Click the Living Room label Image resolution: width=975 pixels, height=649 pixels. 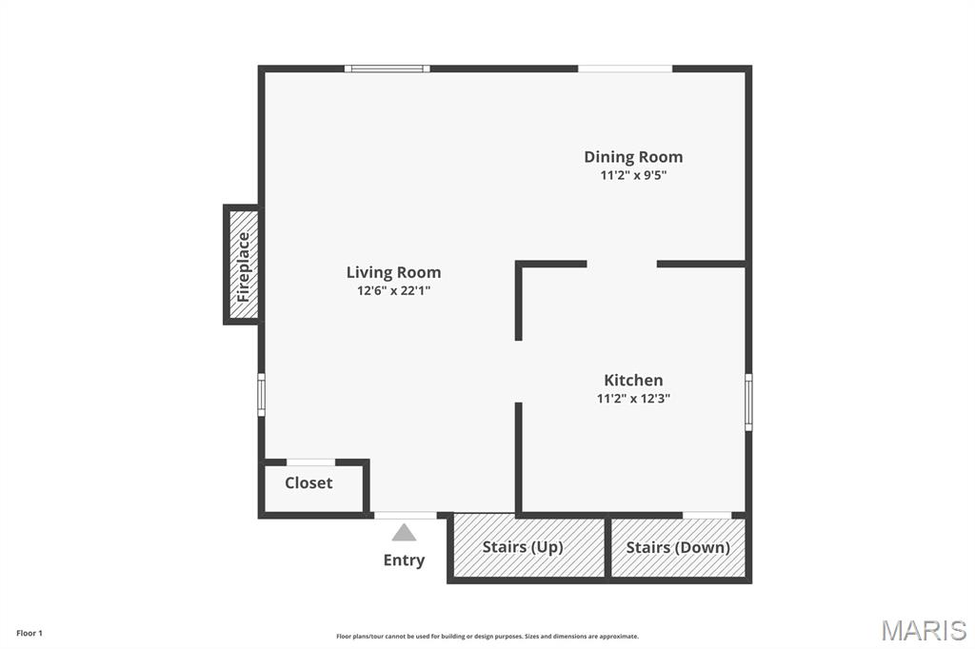393,272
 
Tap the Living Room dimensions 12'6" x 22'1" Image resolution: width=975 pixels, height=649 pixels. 393,290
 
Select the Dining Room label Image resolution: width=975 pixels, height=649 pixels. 633,157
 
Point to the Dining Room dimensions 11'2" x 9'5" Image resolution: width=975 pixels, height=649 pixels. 633,175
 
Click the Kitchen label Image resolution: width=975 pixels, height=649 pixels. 633,380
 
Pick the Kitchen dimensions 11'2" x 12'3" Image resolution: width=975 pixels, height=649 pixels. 633,398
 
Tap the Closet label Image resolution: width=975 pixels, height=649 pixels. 308,483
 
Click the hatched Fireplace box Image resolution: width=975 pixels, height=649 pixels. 243,265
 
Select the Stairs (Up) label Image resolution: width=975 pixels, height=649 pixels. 523,547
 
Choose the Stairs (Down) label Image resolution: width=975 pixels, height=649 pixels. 678,548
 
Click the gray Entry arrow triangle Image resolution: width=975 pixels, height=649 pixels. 404,532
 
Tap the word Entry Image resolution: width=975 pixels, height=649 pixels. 404,560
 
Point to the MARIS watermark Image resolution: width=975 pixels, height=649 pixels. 924,630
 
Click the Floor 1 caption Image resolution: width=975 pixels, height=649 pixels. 30,634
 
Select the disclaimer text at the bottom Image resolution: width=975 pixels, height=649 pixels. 487,637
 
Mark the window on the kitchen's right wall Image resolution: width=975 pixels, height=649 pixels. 748,402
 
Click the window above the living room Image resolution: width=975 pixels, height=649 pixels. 388,69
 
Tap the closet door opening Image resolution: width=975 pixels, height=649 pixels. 311,462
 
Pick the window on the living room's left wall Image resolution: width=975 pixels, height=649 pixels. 262,394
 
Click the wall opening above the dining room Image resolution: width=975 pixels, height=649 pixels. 626,69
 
